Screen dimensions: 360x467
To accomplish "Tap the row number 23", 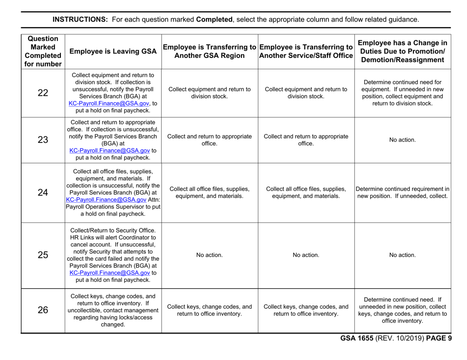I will coord(43,139).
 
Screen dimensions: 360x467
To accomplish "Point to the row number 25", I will coord(43,255).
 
